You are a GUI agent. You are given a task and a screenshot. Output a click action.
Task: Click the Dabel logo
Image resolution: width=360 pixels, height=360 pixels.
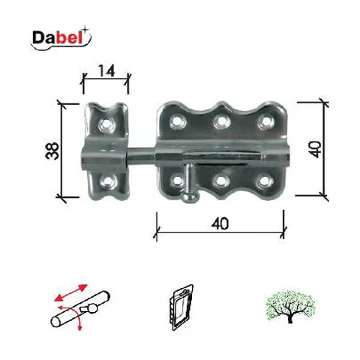61,39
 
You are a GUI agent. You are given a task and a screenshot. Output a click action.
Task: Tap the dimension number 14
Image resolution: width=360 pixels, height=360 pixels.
106,70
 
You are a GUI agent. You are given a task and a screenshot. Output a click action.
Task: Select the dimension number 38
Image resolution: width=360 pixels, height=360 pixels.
52,151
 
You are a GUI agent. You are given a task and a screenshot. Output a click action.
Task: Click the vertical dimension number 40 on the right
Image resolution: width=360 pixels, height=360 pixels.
315,149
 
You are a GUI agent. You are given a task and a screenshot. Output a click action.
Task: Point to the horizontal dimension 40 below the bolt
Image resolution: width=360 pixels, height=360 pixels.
220,223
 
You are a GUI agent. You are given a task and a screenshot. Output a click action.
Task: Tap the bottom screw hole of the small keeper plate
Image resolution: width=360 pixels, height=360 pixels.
109,181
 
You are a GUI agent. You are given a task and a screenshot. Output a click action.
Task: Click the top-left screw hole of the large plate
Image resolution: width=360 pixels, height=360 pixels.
178,121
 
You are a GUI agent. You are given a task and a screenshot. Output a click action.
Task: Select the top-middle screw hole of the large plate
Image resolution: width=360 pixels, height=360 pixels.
222,121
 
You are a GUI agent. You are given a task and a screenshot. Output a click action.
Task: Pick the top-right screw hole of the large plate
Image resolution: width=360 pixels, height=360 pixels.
266,121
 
